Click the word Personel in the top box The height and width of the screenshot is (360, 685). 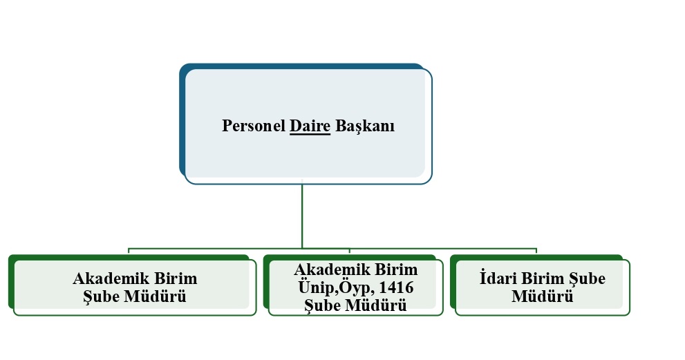[254, 126]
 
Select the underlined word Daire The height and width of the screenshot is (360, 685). [310, 126]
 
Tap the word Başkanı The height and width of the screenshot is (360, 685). [365, 126]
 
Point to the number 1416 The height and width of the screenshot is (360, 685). [396, 287]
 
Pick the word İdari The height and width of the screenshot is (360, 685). [498, 278]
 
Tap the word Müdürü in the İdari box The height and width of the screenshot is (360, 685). [542, 296]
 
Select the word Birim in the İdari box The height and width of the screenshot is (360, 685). [543, 278]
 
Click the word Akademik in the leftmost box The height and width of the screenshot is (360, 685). [111, 278]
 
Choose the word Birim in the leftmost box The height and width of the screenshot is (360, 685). [176, 278]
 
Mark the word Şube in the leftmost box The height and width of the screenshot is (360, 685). [102, 296]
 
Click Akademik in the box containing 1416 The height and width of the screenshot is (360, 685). [332, 269]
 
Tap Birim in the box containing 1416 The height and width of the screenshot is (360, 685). [396, 269]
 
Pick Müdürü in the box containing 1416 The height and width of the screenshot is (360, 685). [376, 305]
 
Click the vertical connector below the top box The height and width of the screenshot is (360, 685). [302, 216]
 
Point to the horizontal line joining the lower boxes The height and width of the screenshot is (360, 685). [332, 249]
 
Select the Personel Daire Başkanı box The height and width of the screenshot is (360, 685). [306, 124]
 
